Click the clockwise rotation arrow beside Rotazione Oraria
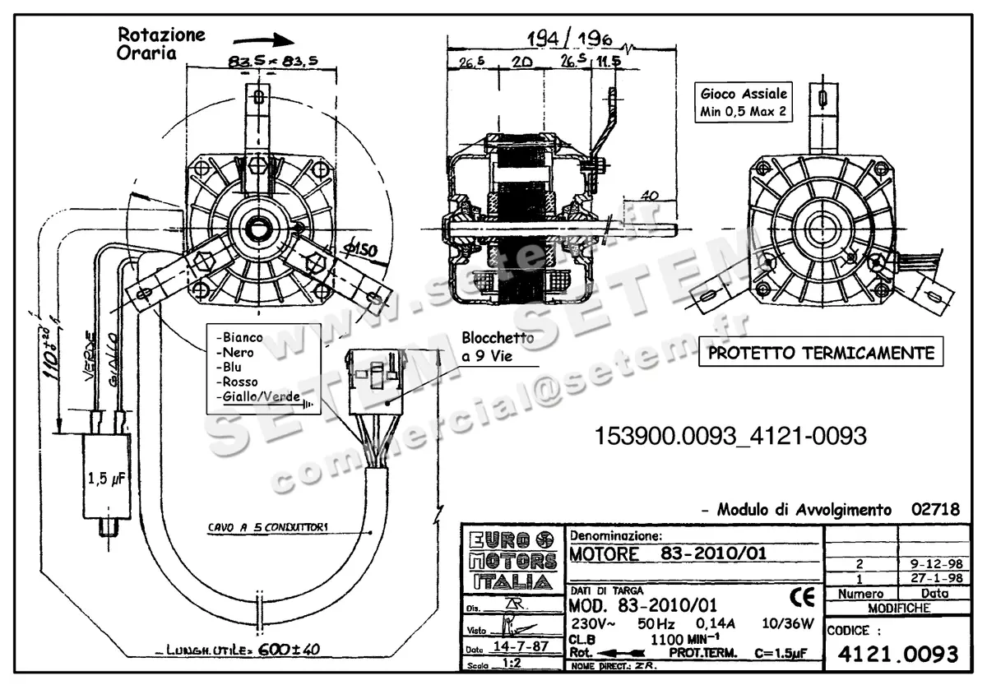pos(262,39)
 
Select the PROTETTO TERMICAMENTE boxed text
pos(822,354)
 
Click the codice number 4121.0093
pos(897,655)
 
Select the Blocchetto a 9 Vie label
pos(497,345)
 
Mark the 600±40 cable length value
pos(289,649)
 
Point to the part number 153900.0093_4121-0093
pos(730,437)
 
